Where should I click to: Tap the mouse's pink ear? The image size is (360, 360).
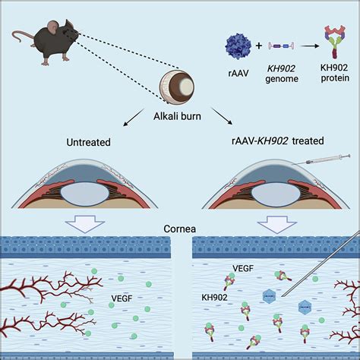tap(52, 27)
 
